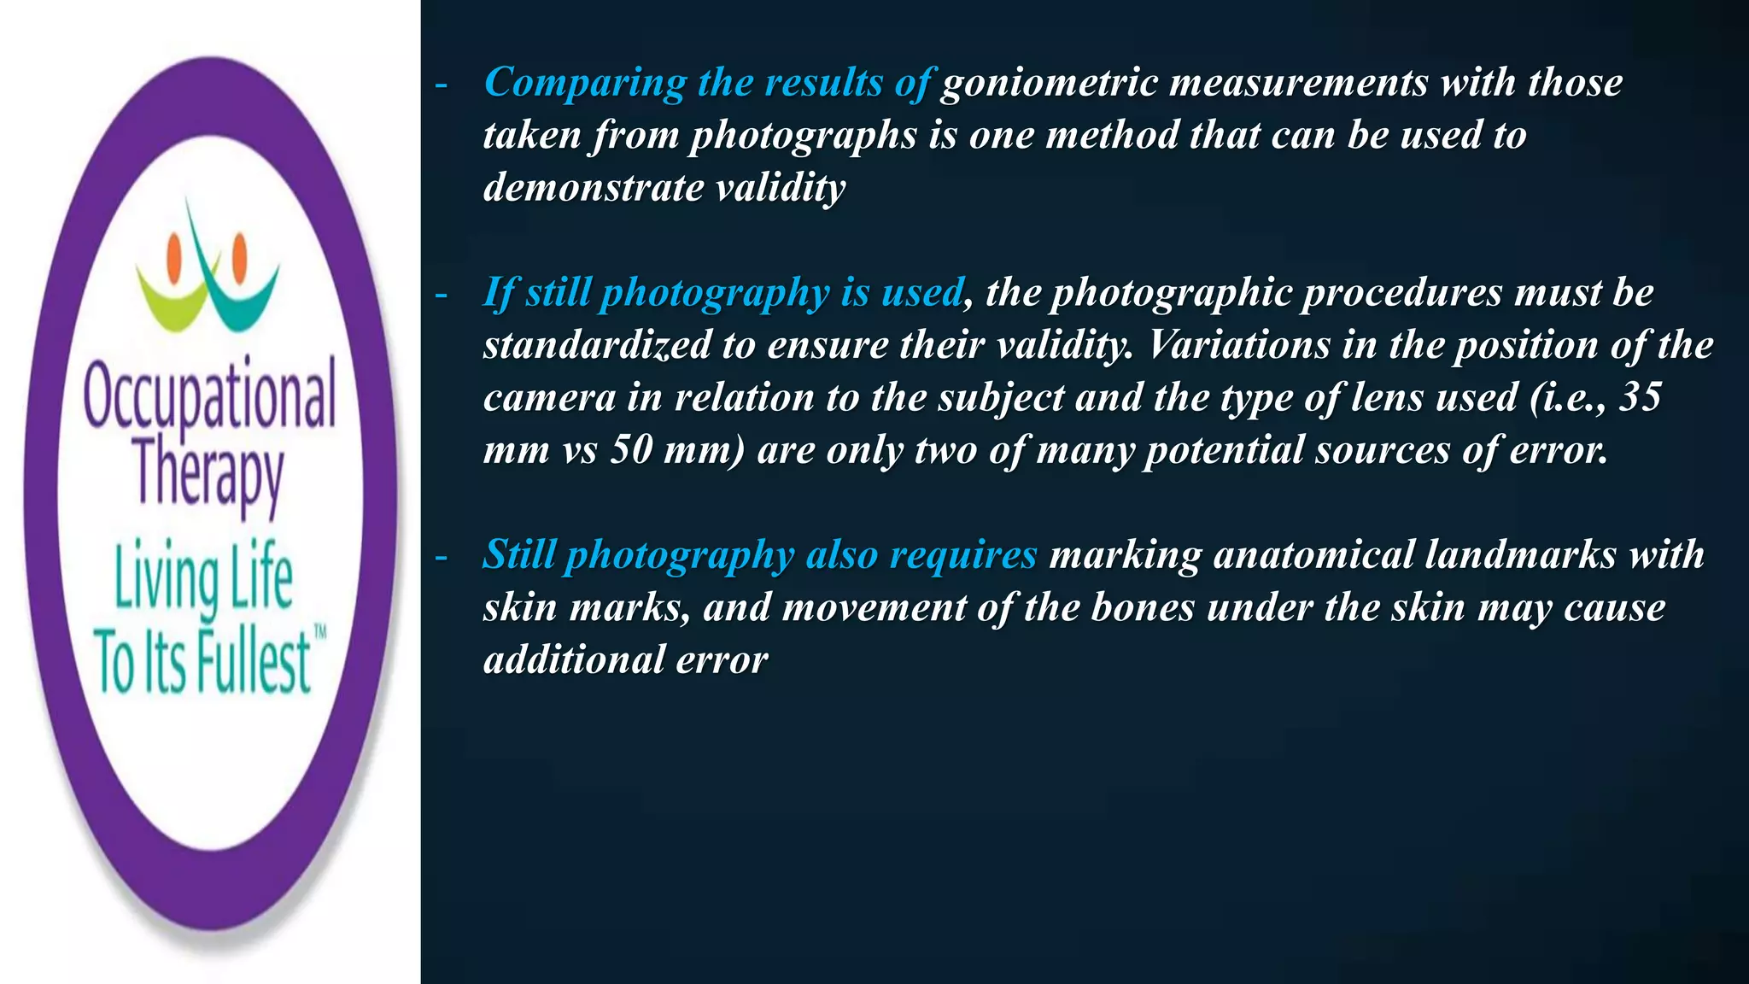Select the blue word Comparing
(585, 84)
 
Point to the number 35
(1640, 397)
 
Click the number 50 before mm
(630, 450)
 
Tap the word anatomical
(1313, 555)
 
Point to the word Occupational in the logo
(209, 397)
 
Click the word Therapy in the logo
(208, 474)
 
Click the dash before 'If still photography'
(441, 296)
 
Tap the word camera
(549, 398)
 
